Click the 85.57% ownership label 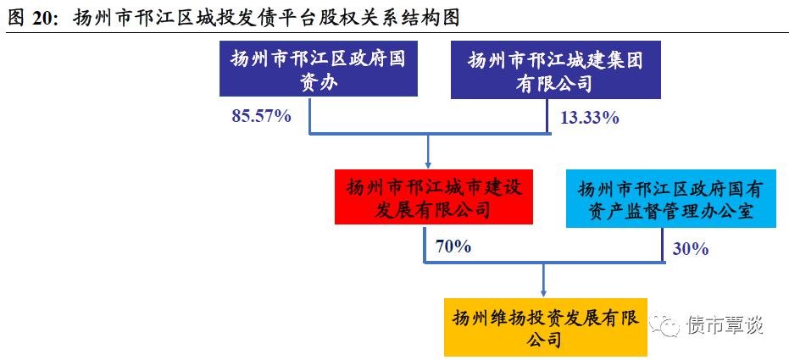tap(261, 116)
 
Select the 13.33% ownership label tap(589, 118)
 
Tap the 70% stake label tap(453, 247)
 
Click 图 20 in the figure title tap(31, 17)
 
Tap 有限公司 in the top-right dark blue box tap(555, 84)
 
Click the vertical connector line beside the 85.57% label tap(309, 116)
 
